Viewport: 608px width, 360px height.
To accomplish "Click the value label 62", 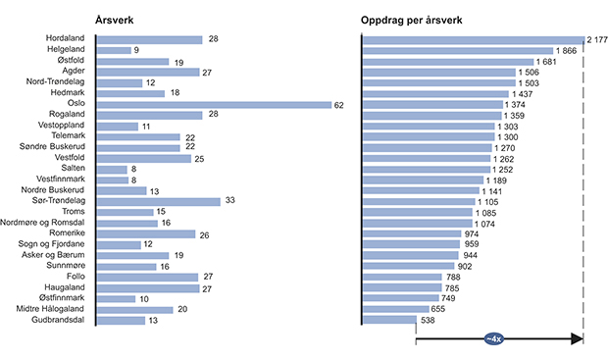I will click(338, 103).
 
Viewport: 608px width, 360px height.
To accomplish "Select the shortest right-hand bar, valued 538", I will click(388, 320).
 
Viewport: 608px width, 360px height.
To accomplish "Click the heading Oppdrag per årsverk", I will click(412, 20).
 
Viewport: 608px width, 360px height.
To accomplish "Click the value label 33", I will click(231, 201).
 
